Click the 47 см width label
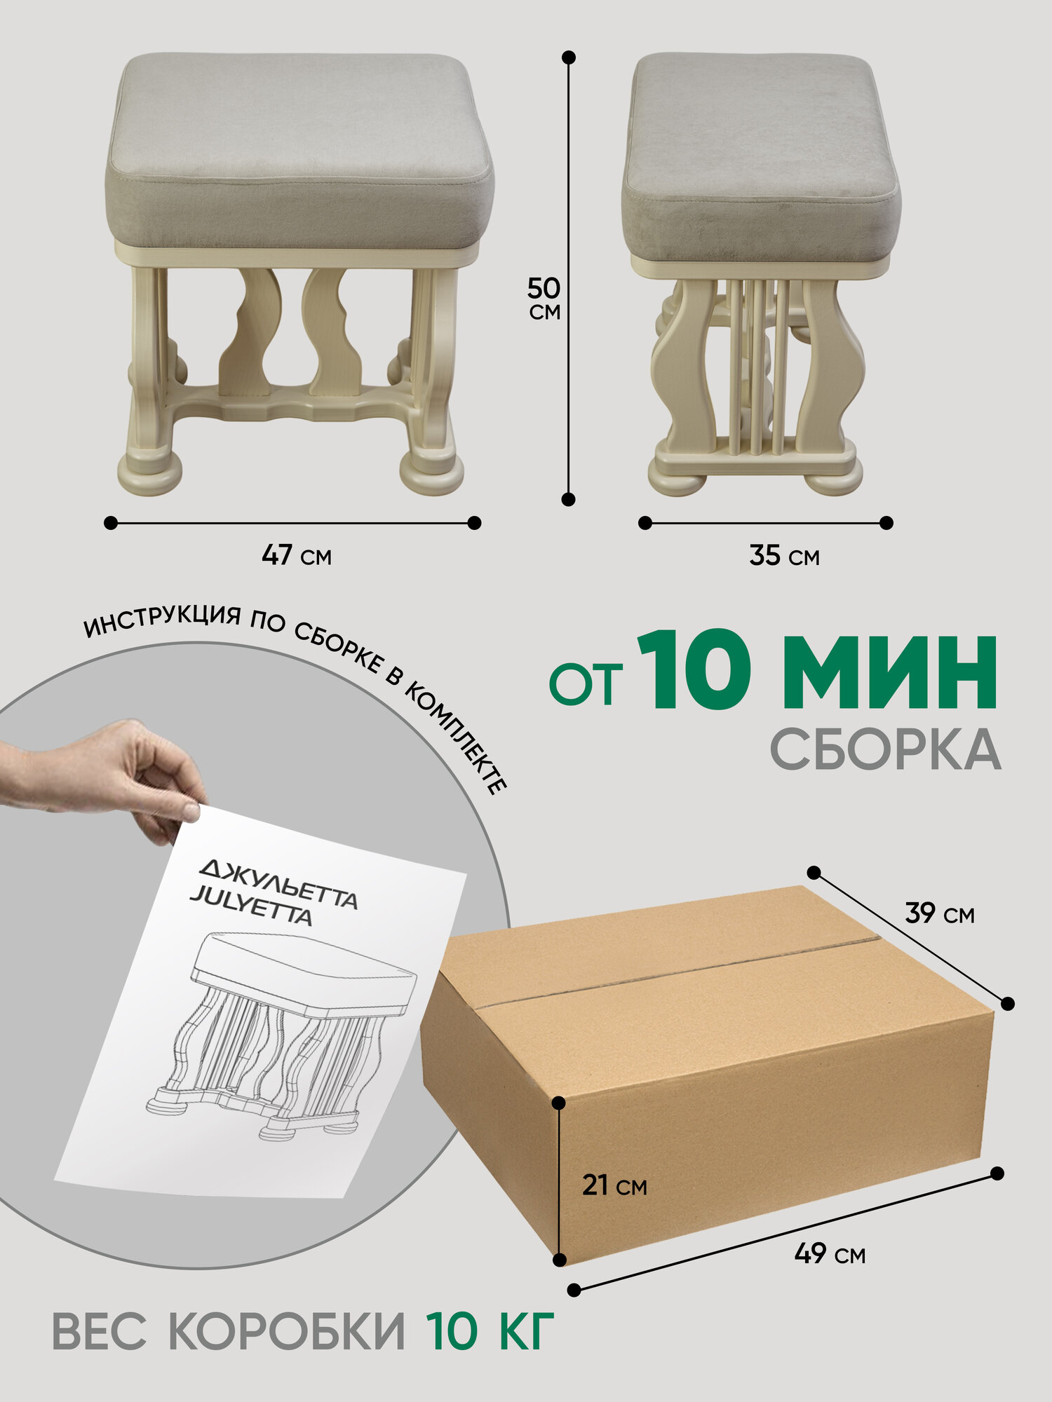(297, 555)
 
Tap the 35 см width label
(784, 555)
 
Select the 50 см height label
(544, 298)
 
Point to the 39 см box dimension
(940, 913)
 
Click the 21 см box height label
(614, 1185)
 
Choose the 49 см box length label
(830, 1253)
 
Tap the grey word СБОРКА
(886, 749)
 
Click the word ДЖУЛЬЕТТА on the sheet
(278, 885)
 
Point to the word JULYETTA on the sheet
(250, 907)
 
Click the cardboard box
(708, 1073)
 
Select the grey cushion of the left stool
(300, 151)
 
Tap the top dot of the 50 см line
(569, 57)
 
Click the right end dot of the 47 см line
(474, 522)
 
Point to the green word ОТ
(586, 684)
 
